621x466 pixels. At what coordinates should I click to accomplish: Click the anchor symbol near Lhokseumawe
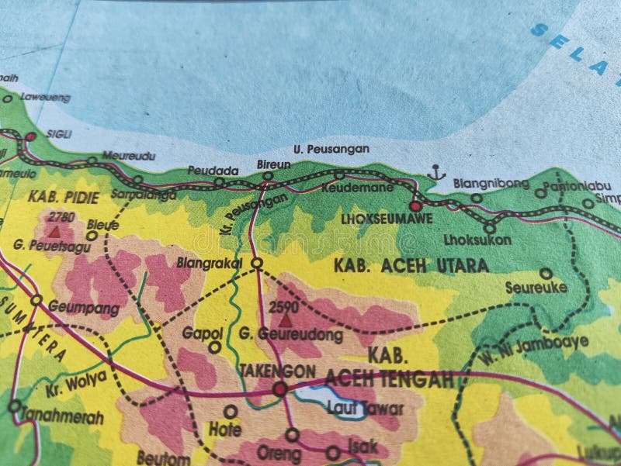(435, 173)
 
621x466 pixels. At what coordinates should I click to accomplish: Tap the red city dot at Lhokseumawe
(415, 206)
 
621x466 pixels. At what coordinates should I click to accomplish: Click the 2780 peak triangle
(54, 230)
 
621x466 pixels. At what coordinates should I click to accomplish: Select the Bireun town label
(273, 164)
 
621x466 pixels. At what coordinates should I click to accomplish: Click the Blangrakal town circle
(257, 264)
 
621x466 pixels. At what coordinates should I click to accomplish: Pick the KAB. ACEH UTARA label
(411, 266)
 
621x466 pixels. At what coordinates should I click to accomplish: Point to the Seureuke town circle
(546, 274)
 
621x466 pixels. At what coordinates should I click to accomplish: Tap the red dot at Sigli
(29, 137)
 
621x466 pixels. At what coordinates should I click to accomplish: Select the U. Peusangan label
(320, 148)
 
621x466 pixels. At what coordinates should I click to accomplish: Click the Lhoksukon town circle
(489, 227)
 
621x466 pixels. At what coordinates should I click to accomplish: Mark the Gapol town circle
(214, 347)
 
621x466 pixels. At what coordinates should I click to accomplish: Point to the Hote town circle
(231, 411)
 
